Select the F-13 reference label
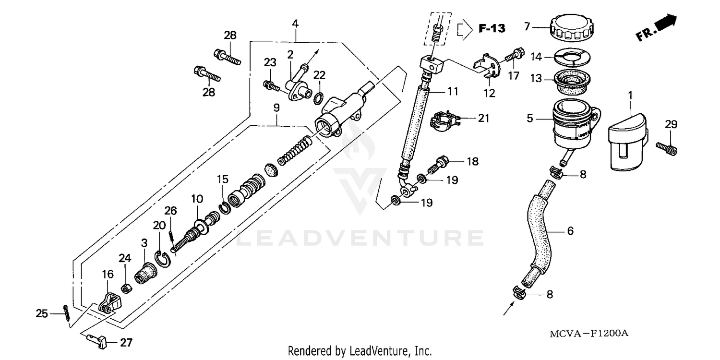tap(492, 29)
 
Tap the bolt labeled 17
tap(513, 57)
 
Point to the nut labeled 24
tap(127, 288)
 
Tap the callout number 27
tap(126, 343)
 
